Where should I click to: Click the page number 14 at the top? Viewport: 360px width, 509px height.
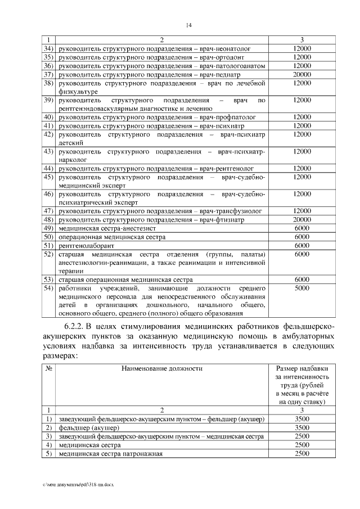click(190, 25)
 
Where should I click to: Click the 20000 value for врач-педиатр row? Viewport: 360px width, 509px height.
click(302, 74)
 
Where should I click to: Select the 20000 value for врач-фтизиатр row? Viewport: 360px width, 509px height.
click(302, 219)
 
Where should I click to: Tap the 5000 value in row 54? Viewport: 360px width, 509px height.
click(302, 288)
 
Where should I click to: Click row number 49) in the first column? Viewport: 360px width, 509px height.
click(48, 228)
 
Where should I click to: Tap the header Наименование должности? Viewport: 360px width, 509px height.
click(161, 368)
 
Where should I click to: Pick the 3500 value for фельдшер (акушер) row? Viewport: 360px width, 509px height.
click(302, 428)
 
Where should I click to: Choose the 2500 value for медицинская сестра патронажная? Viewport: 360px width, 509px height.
click(302, 453)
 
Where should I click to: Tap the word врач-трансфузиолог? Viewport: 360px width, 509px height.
click(231, 211)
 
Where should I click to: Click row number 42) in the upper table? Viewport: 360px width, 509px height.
click(48, 134)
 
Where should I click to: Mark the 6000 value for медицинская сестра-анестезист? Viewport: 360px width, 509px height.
click(302, 228)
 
